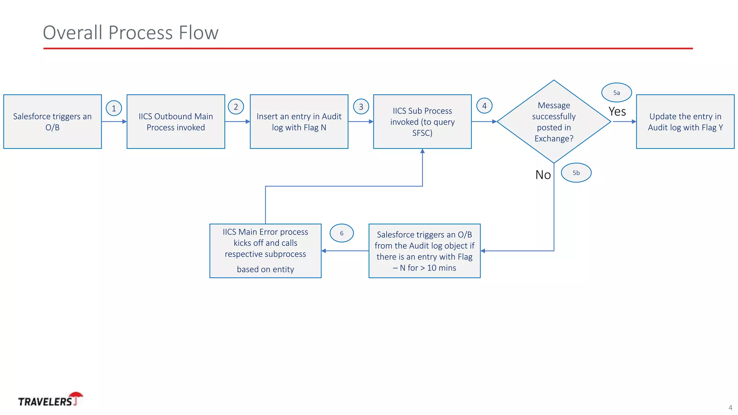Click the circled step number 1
point(114,108)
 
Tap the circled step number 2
point(236,107)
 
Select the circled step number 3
point(361,107)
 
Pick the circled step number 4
point(484,106)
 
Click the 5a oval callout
point(617,93)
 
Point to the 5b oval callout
point(576,173)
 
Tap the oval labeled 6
point(342,233)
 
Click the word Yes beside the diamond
point(617,112)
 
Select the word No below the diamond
point(543,175)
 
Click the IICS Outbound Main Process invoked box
point(176,122)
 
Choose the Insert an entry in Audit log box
point(299,122)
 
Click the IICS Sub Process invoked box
point(422,122)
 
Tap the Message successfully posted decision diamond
point(554,122)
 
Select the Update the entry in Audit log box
point(685,122)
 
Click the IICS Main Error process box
point(266,251)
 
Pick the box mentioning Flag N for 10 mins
point(424,251)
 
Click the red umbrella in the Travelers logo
point(76,396)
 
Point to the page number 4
point(730,408)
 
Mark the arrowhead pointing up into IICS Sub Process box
point(422,151)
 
